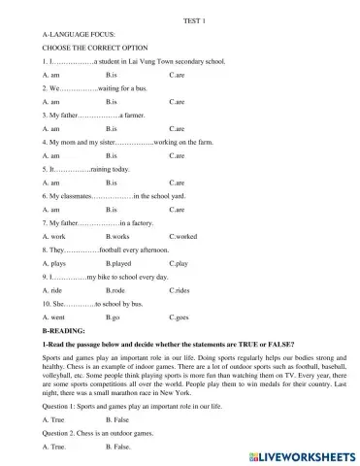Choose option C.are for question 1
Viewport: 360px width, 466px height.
click(x=177, y=74)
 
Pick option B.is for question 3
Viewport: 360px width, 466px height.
click(x=111, y=128)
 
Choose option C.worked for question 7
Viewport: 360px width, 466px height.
click(x=182, y=236)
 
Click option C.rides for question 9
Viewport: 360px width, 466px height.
click(x=180, y=290)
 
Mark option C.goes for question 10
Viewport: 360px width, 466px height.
click(x=179, y=316)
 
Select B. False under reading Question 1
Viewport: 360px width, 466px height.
click(x=117, y=419)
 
